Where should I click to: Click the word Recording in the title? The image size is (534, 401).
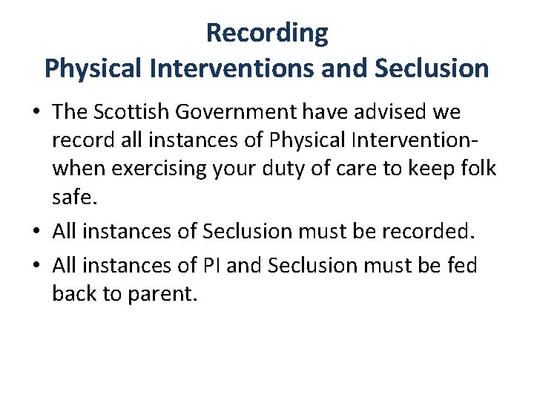267,33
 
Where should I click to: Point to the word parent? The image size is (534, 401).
165,293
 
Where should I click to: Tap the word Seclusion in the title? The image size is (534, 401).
432,68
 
